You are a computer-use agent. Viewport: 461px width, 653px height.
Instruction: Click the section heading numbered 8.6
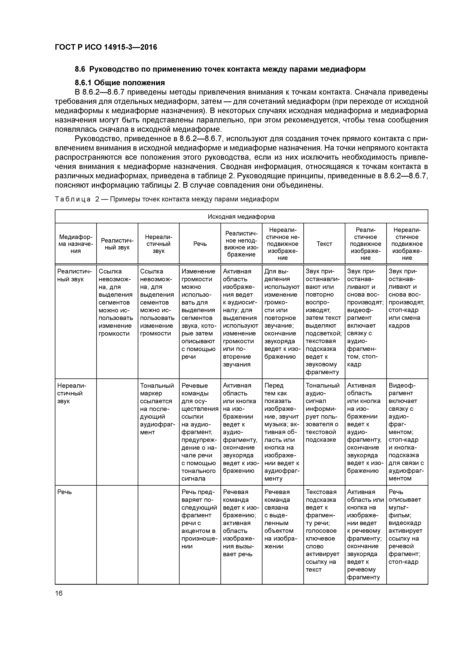pos(220,69)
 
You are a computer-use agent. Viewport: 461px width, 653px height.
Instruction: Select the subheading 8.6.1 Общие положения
pos(120,83)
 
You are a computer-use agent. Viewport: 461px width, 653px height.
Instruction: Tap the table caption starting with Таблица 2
pos(167,199)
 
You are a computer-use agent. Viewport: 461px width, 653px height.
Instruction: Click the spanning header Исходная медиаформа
pos(241,217)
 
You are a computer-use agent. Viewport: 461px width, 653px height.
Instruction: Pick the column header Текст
pos(324,244)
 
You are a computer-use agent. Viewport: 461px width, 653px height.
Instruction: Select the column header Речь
pos(200,244)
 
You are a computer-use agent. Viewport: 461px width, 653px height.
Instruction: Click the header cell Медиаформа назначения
pos(75,244)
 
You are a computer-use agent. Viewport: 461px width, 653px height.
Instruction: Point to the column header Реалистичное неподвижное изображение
pos(241,244)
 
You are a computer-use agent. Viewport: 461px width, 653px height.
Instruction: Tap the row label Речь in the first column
pos(65,492)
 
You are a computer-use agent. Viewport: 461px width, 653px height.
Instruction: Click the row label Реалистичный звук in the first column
pos(74,275)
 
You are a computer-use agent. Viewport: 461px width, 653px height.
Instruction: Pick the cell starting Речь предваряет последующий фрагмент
pos(199,519)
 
